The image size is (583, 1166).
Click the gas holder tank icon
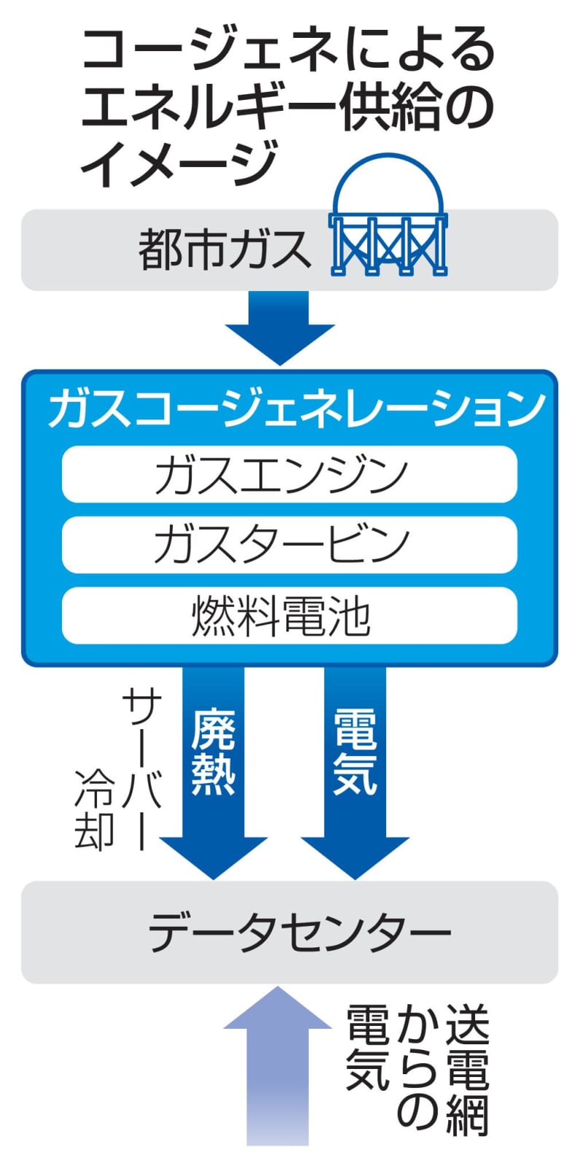point(388,219)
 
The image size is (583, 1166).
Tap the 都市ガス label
point(224,249)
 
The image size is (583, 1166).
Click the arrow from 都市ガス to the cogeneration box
point(279,325)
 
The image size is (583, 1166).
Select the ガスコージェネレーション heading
point(296,409)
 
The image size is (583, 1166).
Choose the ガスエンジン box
point(289,475)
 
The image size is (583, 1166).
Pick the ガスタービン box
point(289,545)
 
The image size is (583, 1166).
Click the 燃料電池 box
point(289,615)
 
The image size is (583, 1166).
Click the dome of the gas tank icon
point(388,186)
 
